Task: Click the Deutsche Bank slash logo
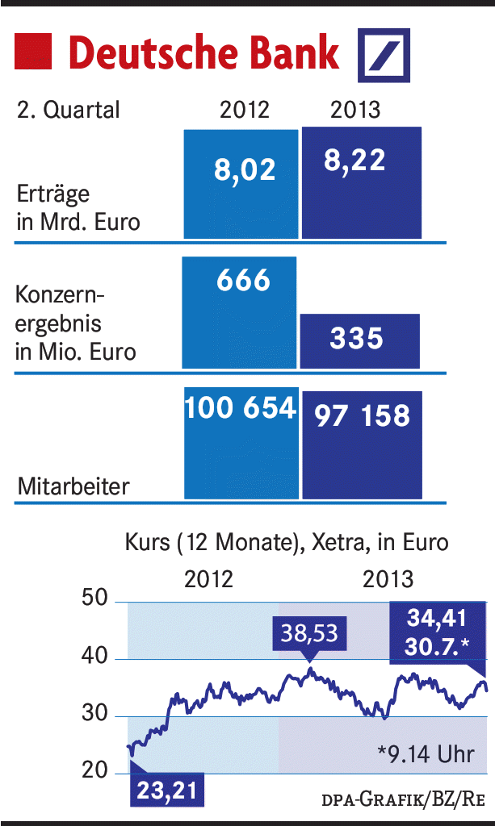click(x=384, y=55)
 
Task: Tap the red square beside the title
click(x=33, y=52)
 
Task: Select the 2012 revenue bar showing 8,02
click(x=240, y=184)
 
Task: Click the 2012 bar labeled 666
click(x=239, y=313)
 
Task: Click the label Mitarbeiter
click(x=73, y=486)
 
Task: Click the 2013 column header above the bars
click(x=354, y=110)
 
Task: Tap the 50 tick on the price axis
click(x=96, y=600)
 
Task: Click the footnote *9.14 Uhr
click(x=425, y=755)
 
